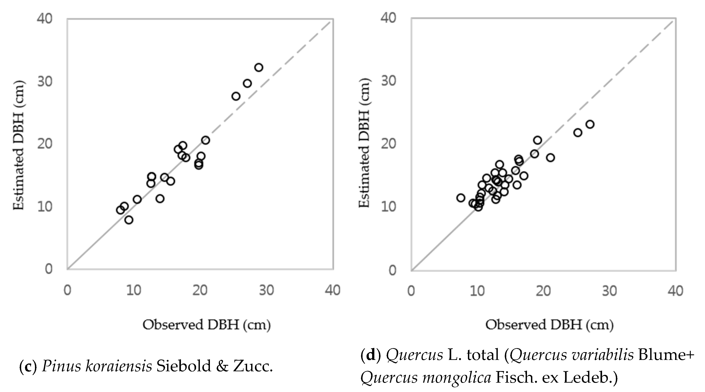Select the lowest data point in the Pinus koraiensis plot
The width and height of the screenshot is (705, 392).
click(x=129, y=220)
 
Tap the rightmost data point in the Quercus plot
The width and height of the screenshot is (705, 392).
click(x=590, y=124)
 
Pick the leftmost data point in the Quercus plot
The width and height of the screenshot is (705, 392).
click(x=461, y=198)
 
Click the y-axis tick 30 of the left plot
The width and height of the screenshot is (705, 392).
click(x=45, y=81)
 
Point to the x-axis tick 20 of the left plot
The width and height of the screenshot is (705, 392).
click(x=200, y=290)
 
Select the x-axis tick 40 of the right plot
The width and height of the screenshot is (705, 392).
click(x=675, y=291)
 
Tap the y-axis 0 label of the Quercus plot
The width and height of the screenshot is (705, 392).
click(x=392, y=270)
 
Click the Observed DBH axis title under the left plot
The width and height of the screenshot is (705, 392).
click(x=207, y=325)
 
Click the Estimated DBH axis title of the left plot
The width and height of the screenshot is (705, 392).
click(x=19, y=145)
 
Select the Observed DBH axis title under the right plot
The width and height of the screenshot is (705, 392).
click(x=549, y=325)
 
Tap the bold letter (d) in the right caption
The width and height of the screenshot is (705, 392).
click(x=371, y=355)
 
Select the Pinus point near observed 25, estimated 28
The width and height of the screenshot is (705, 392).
click(x=236, y=96)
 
